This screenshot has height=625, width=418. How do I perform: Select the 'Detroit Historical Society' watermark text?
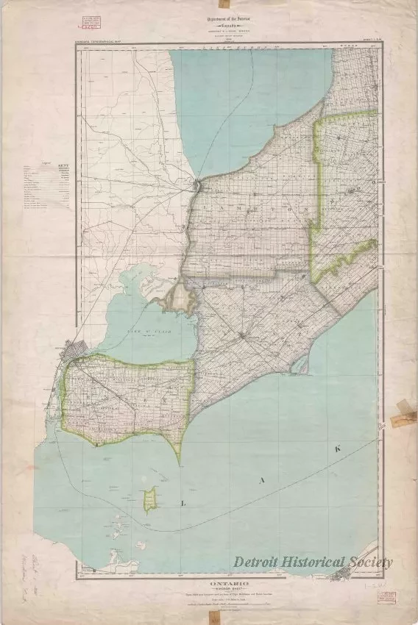(x=312, y=562)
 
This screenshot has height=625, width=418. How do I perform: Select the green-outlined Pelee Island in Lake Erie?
(x=150, y=500)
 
